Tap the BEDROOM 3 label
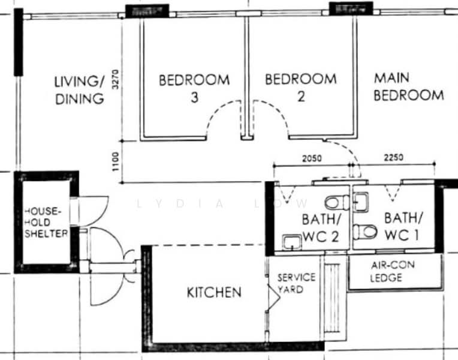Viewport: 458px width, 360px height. [194, 88]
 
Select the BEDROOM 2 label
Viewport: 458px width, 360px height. [300, 87]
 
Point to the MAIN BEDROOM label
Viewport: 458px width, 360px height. [409, 86]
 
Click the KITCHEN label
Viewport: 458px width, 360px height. [214, 292]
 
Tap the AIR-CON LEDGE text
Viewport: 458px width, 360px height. [392, 271]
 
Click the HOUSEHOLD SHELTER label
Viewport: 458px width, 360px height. [46, 222]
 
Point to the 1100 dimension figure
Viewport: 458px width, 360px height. [116, 161]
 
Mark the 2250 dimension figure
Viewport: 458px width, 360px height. [393, 158]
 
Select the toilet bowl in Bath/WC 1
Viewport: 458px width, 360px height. [365, 231]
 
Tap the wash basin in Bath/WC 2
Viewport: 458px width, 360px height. [292, 242]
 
